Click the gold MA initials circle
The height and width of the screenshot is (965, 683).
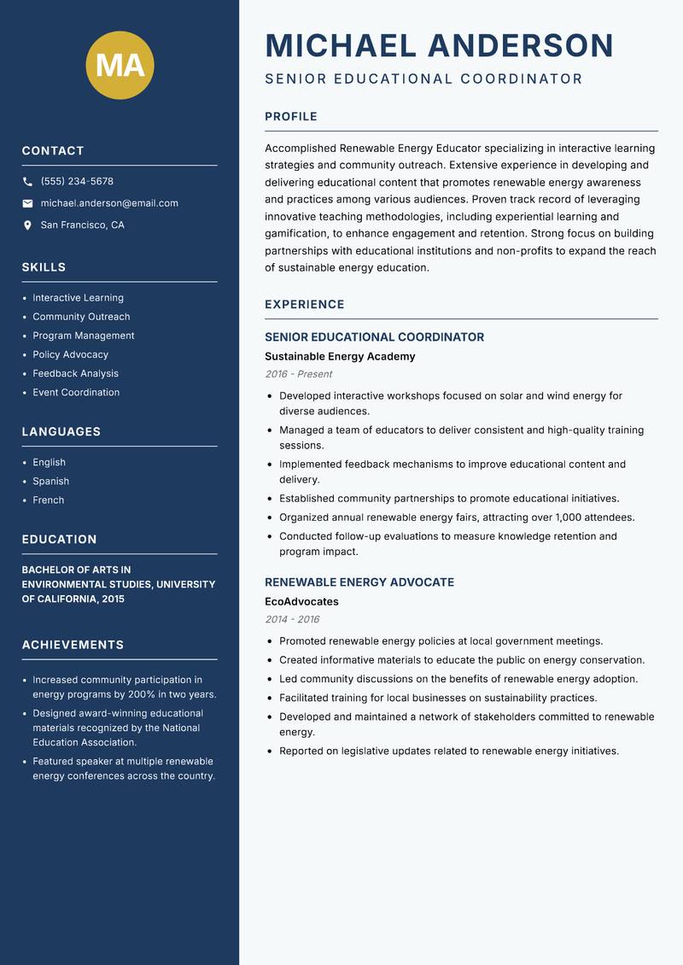tap(120, 66)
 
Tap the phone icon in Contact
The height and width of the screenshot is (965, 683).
tap(27, 182)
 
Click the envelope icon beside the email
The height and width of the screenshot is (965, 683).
tap(27, 203)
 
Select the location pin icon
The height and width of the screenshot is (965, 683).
tap(27, 225)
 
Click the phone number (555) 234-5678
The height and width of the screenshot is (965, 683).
tap(77, 182)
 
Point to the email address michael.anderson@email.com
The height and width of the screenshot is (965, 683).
tap(109, 203)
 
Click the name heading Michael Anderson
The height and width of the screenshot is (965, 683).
tap(440, 45)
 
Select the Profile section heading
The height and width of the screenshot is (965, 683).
tap(291, 117)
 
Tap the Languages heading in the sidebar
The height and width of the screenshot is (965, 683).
tap(61, 432)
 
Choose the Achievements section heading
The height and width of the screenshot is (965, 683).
tap(73, 645)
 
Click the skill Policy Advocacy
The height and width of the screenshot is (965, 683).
tap(71, 354)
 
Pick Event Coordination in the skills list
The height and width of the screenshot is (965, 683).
tap(76, 393)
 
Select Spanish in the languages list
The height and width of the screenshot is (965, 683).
tap(51, 482)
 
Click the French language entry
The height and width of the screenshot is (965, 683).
tap(49, 500)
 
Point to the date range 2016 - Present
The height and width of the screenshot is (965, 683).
tap(299, 374)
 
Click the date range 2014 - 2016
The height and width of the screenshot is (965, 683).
tap(292, 619)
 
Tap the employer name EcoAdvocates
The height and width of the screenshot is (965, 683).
tap(301, 601)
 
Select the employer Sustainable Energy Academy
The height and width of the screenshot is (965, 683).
tap(340, 356)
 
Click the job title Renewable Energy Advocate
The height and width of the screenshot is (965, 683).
tap(359, 582)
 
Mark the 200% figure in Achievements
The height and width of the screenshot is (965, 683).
tap(142, 694)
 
